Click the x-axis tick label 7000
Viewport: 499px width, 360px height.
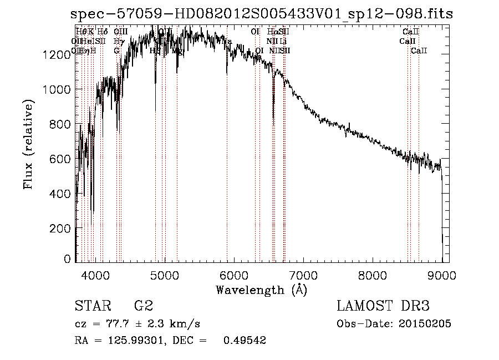[303, 275]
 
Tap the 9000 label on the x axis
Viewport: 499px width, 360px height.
[442, 275]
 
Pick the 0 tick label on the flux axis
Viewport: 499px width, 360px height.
[68, 259]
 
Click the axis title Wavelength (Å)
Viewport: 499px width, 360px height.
[261, 290]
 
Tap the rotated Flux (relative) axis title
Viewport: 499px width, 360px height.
[28, 145]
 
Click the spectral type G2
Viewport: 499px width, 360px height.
[144, 306]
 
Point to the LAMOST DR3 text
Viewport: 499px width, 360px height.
[383, 306]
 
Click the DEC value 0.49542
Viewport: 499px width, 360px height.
[245, 341]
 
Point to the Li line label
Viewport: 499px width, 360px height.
[283, 41]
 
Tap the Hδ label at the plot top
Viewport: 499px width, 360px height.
[102, 32]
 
